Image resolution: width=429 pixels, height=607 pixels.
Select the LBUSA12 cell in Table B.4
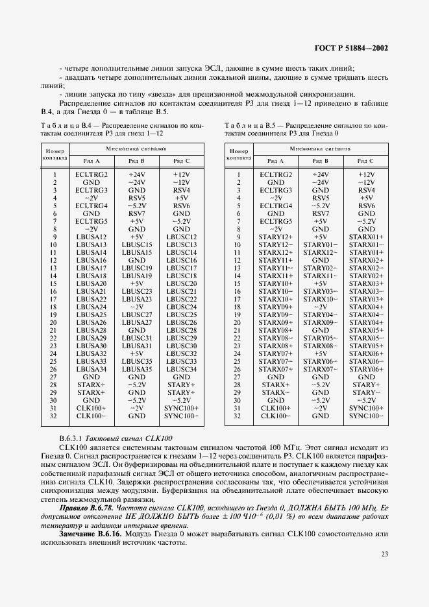(91, 237)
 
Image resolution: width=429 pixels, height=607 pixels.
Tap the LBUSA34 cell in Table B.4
(91, 369)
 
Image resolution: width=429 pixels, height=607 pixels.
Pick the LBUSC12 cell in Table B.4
(181, 237)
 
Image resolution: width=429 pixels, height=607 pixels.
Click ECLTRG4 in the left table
(91, 206)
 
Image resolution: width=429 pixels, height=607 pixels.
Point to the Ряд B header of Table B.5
(320, 160)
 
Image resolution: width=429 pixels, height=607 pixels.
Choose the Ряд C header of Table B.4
(181, 160)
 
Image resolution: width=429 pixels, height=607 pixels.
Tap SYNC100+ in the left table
(181, 408)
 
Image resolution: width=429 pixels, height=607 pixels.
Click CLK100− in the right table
(275, 415)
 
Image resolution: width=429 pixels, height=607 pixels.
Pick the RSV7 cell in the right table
(320, 213)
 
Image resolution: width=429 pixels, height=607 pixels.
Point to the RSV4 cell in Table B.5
(366, 191)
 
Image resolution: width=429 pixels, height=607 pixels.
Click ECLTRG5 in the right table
(275, 221)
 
